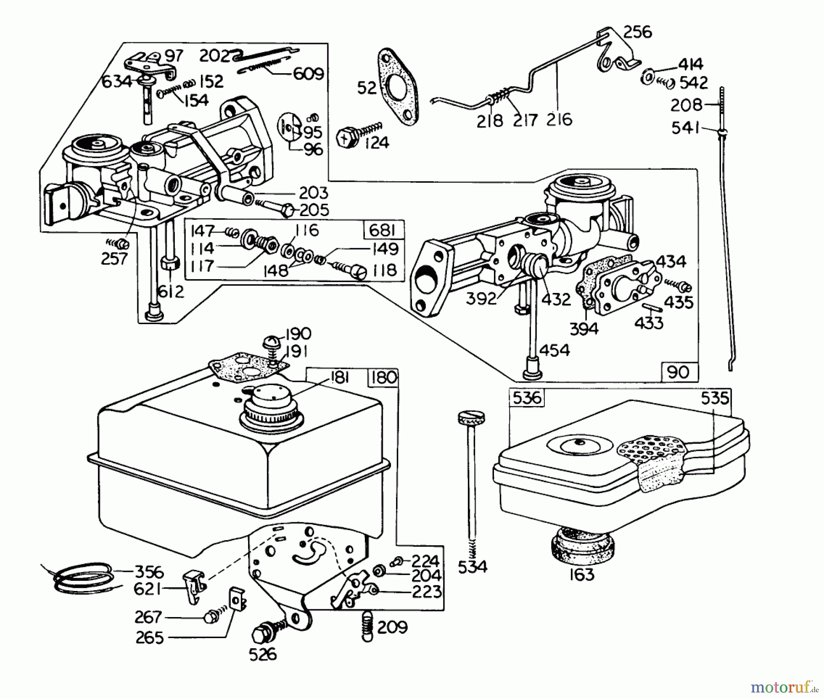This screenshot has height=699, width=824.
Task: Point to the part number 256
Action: pos(638,32)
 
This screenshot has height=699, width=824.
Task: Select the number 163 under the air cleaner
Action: pos(581,574)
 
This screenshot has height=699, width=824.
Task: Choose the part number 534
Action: pos(472,567)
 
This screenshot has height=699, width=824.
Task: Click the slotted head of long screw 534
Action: pos(471,417)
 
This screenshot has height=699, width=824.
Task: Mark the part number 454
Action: pos(554,351)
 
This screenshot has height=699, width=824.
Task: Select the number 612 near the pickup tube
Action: pos(170,292)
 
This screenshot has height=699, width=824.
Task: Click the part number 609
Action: pos(308,74)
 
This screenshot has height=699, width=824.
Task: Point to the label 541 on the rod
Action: pos(685,128)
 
